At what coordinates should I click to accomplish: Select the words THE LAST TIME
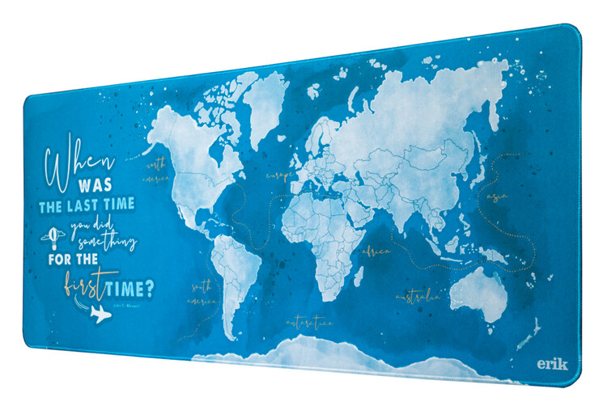point(87,207)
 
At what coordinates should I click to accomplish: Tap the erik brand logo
point(553,363)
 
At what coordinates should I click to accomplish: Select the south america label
point(203,293)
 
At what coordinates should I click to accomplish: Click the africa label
point(376,252)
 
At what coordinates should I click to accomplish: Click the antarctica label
point(309,323)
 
